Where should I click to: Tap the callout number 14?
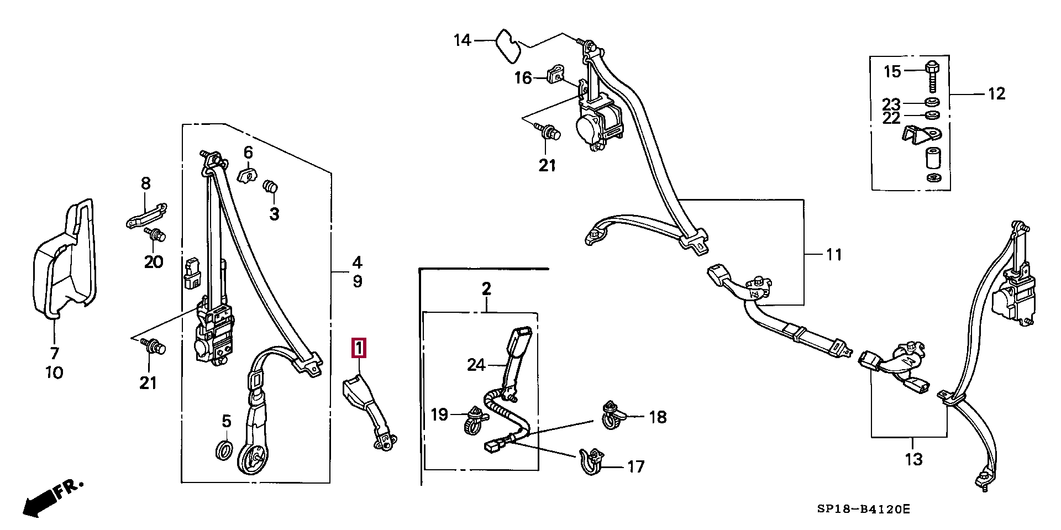coord(462,40)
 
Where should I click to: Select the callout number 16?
coord(523,78)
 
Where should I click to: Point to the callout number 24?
coord(476,365)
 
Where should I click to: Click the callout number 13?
coord(913,459)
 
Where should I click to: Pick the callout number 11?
coord(833,254)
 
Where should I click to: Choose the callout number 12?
coord(996,93)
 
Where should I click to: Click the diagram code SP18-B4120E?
coord(863,508)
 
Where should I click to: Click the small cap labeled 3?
coord(270,187)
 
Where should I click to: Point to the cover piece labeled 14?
coord(507,46)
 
